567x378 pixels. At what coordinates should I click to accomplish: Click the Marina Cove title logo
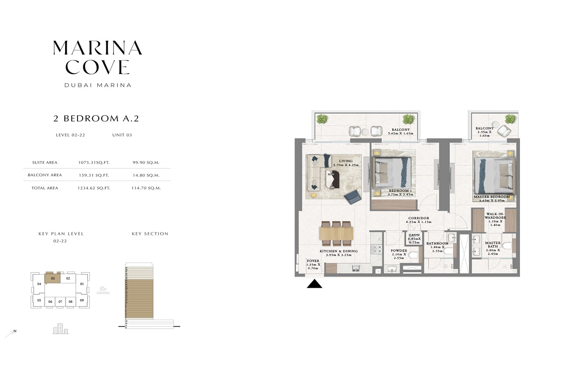97,58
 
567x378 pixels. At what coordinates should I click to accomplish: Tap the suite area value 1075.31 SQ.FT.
94,163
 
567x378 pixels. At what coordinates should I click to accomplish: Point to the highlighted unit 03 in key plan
53,278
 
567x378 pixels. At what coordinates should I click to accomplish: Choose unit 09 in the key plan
82,300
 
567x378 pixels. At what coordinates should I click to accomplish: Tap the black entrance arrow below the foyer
314,283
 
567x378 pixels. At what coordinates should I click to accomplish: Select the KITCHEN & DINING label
338,251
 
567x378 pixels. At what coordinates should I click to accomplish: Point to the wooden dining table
336,232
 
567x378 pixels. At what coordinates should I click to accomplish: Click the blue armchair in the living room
352,197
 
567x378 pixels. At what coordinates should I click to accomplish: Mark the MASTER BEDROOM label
492,197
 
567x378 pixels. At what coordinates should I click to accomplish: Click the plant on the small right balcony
510,119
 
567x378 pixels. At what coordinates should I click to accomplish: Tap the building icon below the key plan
60,329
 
